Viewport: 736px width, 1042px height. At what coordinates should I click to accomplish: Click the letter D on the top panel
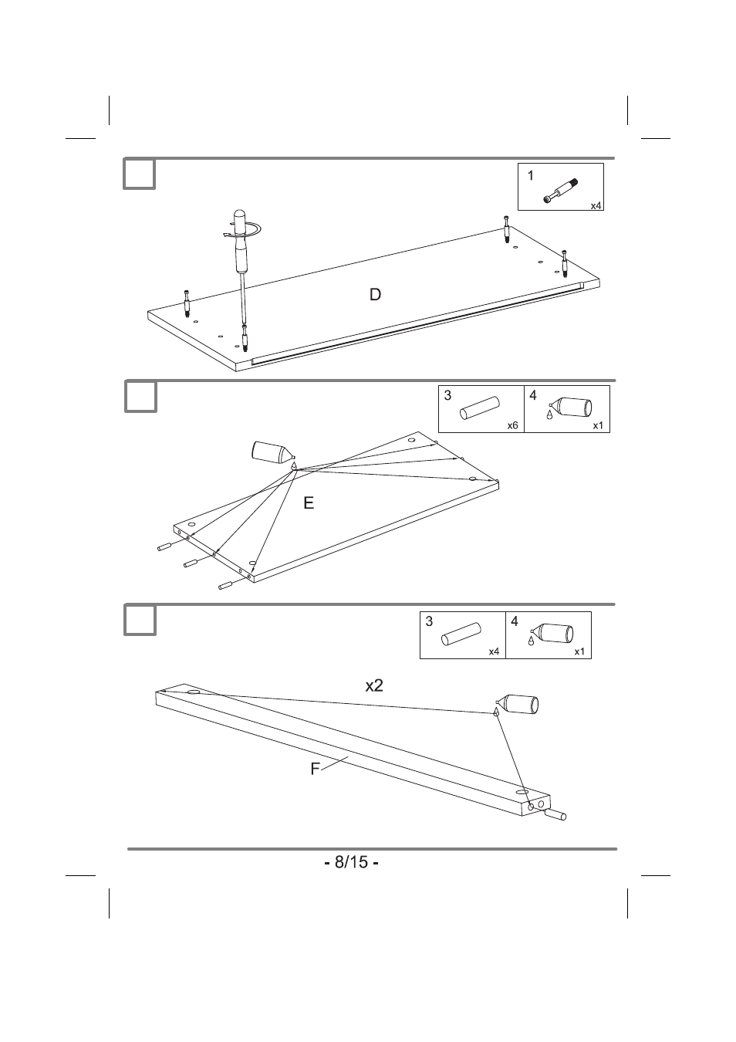tap(375, 294)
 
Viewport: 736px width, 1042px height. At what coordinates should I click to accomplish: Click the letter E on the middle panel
tap(309, 503)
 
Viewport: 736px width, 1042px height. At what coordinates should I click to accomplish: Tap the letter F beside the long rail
tap(315, 769)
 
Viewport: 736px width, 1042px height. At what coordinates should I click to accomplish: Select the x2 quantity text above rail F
tap(374, 685)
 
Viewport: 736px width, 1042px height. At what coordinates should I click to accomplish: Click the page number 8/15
tap(351, 862)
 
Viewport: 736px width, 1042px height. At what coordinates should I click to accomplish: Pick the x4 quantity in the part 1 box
tap(596, 206)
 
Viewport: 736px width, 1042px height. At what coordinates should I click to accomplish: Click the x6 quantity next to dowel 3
tap(512, 425)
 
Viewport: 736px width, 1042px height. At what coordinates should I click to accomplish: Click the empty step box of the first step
tap(140, 174)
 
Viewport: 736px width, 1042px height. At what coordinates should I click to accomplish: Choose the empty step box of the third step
tap(140, 621)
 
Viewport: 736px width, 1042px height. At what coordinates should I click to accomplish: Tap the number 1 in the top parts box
tap(531, 176)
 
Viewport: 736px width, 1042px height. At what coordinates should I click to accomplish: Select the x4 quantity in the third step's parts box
tap(494, 651)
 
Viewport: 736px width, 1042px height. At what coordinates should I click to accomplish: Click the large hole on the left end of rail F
tap(194, 692)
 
